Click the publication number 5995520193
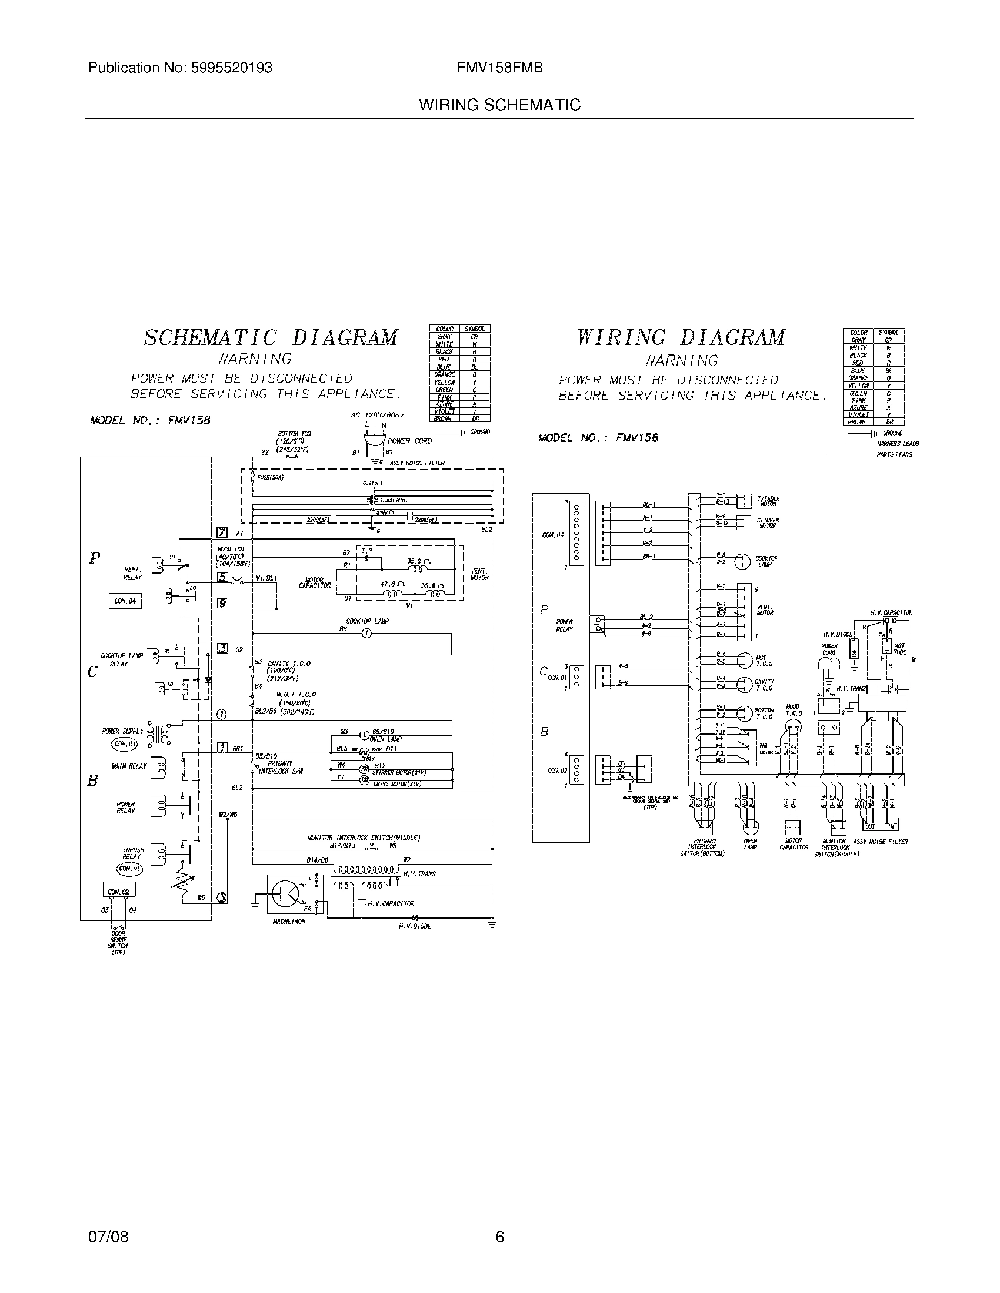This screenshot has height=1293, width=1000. [x=232, y=68]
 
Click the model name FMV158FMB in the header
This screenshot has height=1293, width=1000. [x=499, y=68]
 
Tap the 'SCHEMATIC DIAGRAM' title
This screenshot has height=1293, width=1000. [x=271, y=337]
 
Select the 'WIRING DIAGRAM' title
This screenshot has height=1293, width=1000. [x=681, y=337]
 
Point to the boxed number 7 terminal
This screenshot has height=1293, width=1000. [x=222, y=532]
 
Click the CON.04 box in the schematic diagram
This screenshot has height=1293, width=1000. [x=124, y=600]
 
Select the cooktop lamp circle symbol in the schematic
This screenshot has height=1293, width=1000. [x=366, y=634]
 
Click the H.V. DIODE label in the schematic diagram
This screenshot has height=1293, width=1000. [x=415, y=926]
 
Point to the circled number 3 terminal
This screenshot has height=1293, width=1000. [x=221, y=897]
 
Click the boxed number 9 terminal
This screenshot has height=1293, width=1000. [x=222, y=603]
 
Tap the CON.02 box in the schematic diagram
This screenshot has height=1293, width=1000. [x=118, y=891]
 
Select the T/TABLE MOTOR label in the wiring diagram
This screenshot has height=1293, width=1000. [x=768, y=501]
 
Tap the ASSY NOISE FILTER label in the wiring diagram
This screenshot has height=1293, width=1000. [x=880, y=841]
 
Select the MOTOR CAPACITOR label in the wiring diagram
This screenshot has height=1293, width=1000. [x=794, y=843]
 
